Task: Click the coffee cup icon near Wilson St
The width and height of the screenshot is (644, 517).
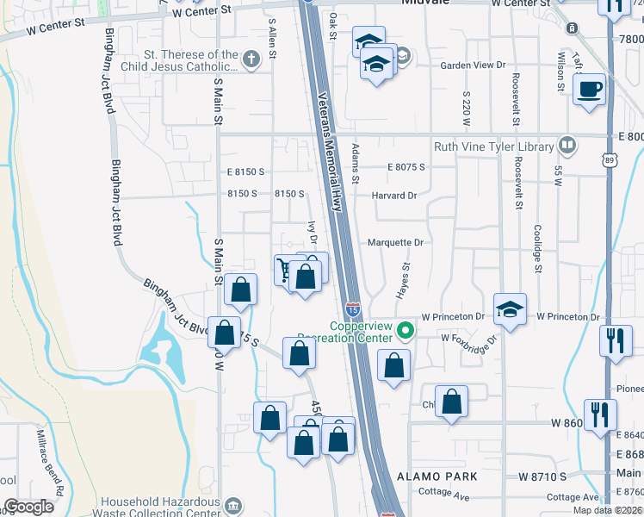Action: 590,89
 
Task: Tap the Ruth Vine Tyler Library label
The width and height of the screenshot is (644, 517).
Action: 493,147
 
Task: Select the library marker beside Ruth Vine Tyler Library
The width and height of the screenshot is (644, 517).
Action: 567,145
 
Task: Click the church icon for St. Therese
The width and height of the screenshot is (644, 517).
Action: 251,59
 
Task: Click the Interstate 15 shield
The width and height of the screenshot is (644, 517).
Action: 353,308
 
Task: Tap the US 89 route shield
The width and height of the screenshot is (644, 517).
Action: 610,160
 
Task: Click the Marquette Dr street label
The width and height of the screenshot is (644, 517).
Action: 395,243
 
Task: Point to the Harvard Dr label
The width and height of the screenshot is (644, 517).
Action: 393,196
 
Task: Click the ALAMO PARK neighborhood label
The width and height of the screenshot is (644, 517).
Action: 437,477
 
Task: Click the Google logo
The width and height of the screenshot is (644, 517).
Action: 28,506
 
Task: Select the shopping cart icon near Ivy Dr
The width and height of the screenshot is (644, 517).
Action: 285,269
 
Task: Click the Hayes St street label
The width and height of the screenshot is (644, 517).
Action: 401,282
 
